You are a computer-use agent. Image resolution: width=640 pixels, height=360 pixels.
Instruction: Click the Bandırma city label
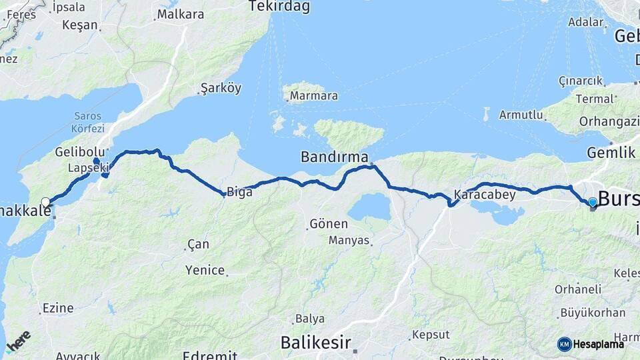click(x=334, y=157)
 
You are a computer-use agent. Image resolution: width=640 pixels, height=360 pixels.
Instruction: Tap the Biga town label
click(x=239, y=192)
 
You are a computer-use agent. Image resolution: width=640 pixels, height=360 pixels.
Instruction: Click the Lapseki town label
click(x=87, y=169)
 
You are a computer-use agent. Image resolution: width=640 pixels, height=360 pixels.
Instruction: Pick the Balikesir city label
click(x=315, y=343)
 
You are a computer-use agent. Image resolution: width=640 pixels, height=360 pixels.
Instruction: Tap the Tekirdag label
click(x=279, y=7)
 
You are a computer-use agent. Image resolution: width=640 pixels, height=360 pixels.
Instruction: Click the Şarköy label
click(x=221, y=88)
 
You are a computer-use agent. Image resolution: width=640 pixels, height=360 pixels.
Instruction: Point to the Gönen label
click(x=328, y=224)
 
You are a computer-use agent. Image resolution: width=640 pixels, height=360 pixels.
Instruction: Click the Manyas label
click(x=349, y=240)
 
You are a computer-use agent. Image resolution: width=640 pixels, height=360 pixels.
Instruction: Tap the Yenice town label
click(x=205, y=270)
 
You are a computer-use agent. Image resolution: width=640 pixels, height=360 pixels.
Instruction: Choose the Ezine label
click(x=57, y=308)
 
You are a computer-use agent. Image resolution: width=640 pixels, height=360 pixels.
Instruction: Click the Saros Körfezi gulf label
click(x=88, y=122)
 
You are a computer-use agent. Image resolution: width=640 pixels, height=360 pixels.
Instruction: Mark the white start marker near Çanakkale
click(x=45, y=202)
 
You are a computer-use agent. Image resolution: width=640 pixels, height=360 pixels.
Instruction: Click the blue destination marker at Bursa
click(x=592, y=201)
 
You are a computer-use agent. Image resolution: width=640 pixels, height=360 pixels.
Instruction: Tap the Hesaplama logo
click(x=591, y=344)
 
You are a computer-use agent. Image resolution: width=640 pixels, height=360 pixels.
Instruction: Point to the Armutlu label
click(x=521, y=115)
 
